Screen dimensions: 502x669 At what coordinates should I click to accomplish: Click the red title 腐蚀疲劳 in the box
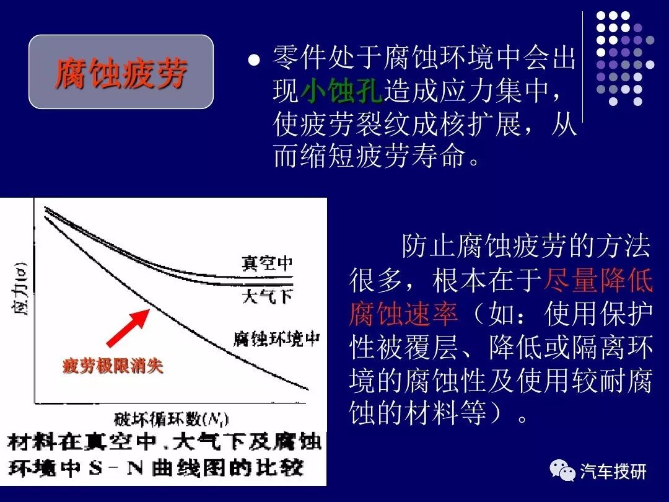pos(121,73)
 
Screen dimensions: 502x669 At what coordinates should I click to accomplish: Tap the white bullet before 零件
pos(253,61)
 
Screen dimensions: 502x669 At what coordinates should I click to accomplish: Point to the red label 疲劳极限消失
pos(113,366)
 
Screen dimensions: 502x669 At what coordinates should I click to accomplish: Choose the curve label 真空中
pos(267,263)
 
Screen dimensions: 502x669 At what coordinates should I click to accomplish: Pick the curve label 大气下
pos(267,296)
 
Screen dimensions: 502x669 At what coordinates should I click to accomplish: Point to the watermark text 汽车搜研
pos(613,472)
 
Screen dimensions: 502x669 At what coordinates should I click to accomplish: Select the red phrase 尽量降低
pos(598,281)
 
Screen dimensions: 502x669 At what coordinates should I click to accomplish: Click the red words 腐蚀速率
pos(403,315)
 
